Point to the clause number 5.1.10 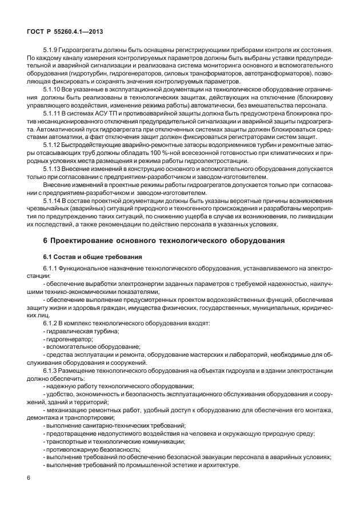(x=52, y=89)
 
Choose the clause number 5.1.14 (x=52, y=201)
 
